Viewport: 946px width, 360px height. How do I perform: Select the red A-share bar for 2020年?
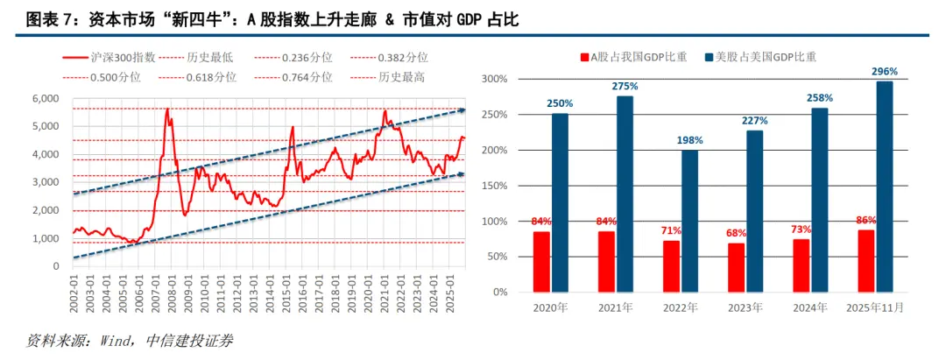point(541,261)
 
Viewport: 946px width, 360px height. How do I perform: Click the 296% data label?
point(885,71)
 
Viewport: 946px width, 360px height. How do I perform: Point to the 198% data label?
point(690,140)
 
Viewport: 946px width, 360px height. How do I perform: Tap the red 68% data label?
point(736,232)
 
